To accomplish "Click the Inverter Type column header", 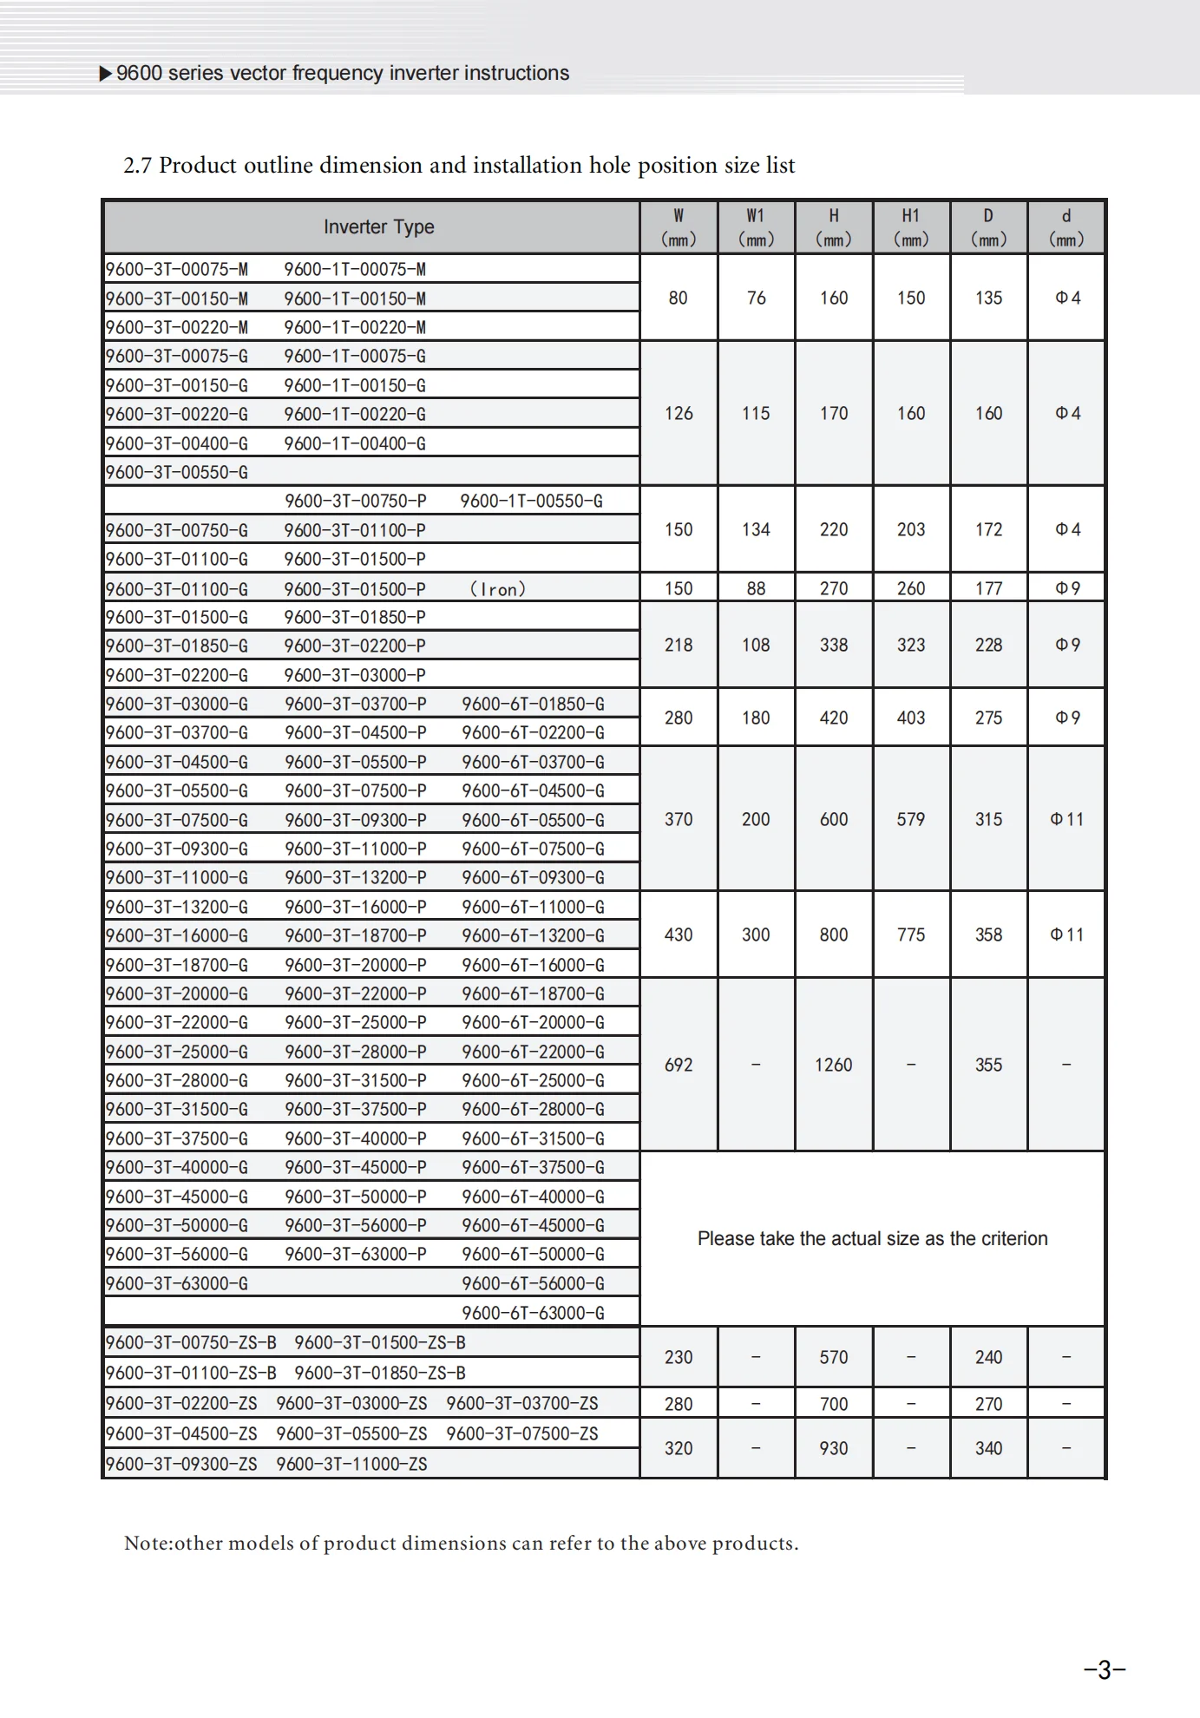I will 378,227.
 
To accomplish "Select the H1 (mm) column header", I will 910,227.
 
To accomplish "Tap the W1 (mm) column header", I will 756,227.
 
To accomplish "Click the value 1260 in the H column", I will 833,1065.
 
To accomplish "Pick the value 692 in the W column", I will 679,1065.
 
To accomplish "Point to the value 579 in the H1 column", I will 910,819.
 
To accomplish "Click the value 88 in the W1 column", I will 756,588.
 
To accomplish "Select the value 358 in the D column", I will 988,934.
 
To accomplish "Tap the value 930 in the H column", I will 833,1448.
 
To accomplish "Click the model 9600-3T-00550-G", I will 177,472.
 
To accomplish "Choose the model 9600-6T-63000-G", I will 533,1313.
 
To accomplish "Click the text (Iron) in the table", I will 498,589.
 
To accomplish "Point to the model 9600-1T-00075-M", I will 355,269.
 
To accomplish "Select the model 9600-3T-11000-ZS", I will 351,1464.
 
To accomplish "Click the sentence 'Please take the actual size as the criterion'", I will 872,1238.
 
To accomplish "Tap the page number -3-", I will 1105,1669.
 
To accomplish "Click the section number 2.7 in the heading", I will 137,166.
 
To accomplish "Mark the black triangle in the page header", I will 106,74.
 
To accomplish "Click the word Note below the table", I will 147,1544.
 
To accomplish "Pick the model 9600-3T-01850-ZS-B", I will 379,1373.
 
